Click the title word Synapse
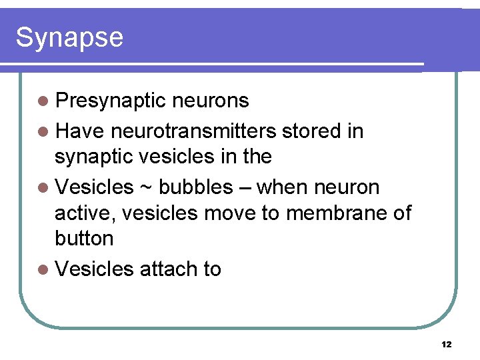coord(69,37)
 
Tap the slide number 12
coord(446,345)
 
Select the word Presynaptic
coord(110,101)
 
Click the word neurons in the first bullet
coord(210,101)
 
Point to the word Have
coord(79,131)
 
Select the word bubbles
coord(196,187)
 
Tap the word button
coord(84,238)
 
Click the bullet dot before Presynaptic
coord(43,102)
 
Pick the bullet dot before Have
coord(43,132)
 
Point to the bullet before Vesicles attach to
coord(43,269)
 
